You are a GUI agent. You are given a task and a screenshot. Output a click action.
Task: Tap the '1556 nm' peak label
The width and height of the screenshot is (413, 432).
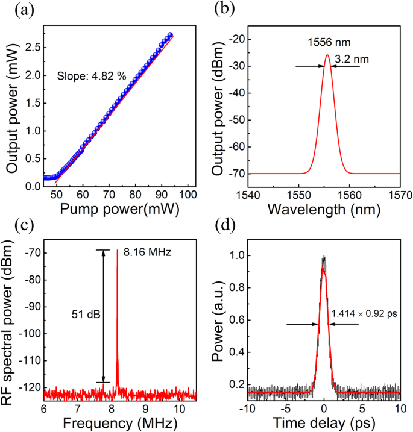tap(327, 44)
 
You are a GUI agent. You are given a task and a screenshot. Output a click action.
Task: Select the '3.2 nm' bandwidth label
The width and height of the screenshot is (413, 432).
tap(347, 60)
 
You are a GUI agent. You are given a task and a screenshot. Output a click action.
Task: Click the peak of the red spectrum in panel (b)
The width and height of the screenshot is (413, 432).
tap(327, 55)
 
